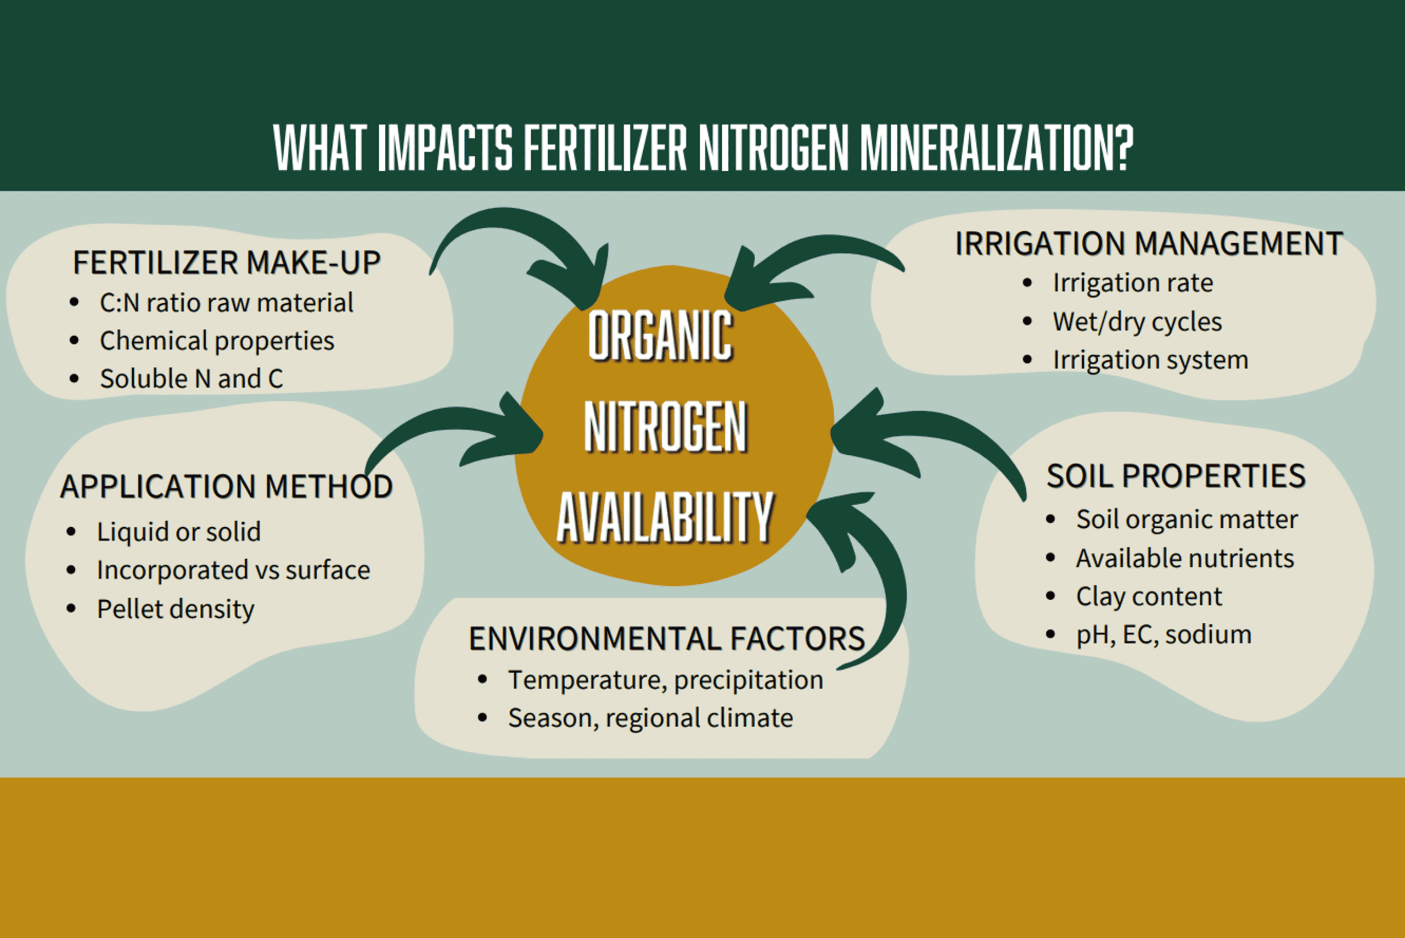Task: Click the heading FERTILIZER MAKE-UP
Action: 227,263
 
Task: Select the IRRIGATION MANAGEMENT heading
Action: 1149,243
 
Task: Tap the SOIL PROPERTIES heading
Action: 1176,476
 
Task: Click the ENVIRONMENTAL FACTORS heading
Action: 667,638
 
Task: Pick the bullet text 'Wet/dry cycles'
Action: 1137,322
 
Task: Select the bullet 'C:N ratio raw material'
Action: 227,303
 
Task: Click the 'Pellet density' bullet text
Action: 176,610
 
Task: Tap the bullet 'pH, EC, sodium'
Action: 1164,635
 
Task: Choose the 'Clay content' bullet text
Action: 1149,596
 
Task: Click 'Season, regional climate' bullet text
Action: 650,718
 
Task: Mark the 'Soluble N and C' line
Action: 192,379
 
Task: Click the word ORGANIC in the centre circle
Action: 661,336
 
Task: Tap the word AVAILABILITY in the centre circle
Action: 665,517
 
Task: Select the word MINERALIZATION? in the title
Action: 997,147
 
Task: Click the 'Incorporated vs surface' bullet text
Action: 233,570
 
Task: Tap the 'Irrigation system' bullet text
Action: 1150,360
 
